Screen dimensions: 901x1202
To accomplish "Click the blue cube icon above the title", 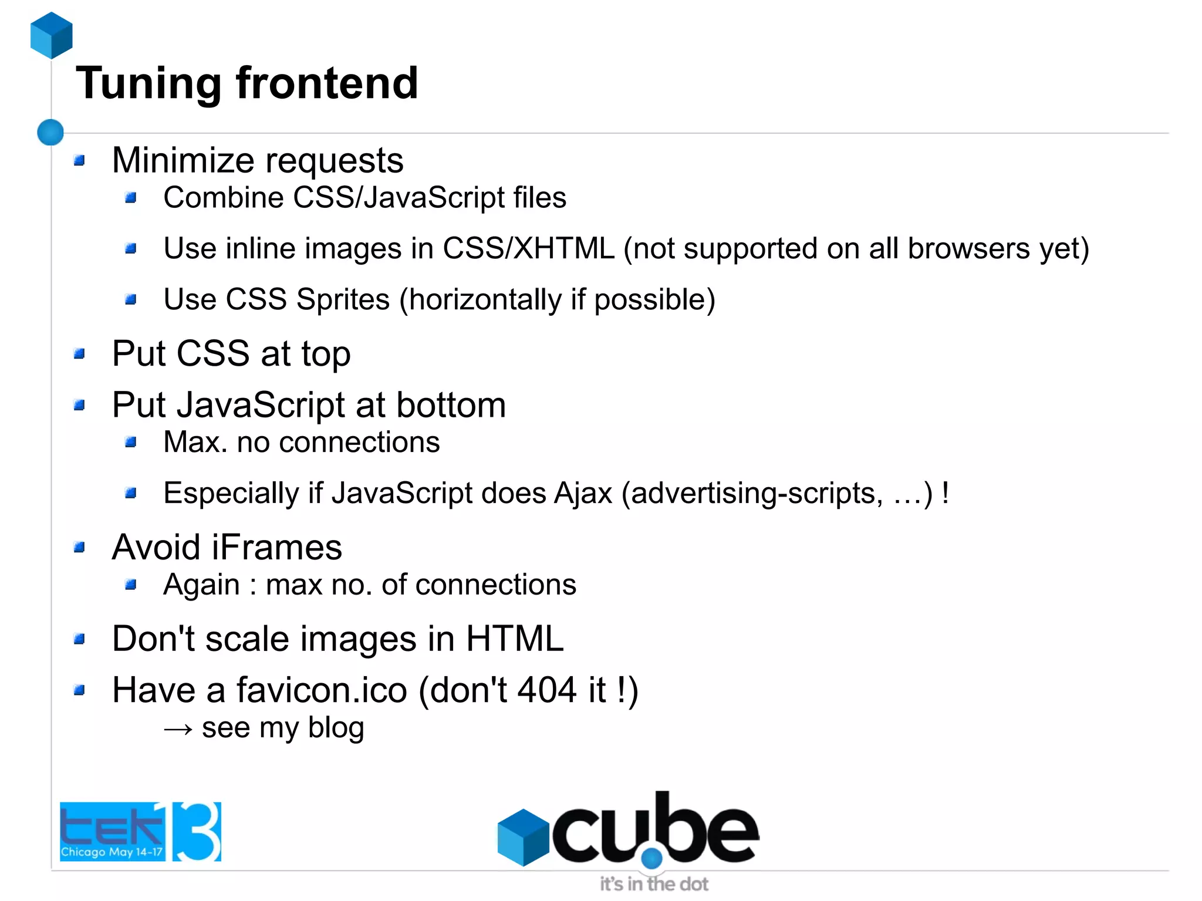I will (x=52, y=35).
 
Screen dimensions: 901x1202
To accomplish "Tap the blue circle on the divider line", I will (x=50, y=132).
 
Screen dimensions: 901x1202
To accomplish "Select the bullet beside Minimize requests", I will (x=80, y=160).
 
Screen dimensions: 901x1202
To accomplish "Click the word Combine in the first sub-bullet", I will (x=223, y=198).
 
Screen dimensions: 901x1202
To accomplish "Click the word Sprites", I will (x=343, y=299).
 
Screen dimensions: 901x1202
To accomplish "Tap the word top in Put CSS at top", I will (x=326, y=355).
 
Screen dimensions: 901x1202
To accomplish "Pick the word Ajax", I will (x=583, y=493).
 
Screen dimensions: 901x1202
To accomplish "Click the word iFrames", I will (x=276, y=548).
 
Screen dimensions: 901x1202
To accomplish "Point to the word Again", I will (x=201, y=585).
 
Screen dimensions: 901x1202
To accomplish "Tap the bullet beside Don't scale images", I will (x=80, y=639).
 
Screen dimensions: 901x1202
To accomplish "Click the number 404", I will (x=546, y=690).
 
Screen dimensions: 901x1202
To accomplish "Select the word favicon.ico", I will (x=322, y=690).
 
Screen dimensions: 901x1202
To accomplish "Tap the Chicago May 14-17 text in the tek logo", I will (x=112, y=852).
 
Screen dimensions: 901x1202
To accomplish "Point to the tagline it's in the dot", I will (x=653, y=884).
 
